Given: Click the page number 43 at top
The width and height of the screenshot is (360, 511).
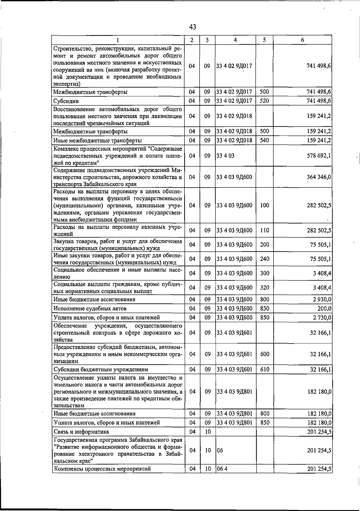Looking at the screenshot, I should click(193, 27).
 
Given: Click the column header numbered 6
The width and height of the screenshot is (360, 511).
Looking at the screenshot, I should click(302, 40).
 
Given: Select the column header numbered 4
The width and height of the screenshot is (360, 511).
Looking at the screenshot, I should click(235, 40).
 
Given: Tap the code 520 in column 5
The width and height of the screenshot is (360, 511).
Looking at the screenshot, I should click(264, 101).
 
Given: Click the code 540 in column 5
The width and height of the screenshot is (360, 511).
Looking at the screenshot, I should click(264, 140).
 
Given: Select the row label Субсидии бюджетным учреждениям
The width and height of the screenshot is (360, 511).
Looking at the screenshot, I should click(100, 369).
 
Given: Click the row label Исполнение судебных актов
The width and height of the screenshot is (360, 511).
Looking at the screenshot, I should click(90, 309).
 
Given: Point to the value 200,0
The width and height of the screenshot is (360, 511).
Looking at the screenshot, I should click(324, 309).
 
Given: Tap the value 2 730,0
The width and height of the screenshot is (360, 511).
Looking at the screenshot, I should click(322, 318).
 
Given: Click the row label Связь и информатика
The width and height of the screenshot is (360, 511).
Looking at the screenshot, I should click(81, 432).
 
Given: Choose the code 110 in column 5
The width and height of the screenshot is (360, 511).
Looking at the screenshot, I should click(264, 230).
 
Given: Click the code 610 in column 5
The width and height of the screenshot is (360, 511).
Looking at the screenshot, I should click(264, 369).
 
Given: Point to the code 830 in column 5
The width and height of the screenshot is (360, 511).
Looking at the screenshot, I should click(264, 309).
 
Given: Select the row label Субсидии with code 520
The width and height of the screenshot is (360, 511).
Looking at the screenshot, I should click(66, 101).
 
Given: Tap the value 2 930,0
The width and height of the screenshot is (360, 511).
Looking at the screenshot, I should click(322, 299).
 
